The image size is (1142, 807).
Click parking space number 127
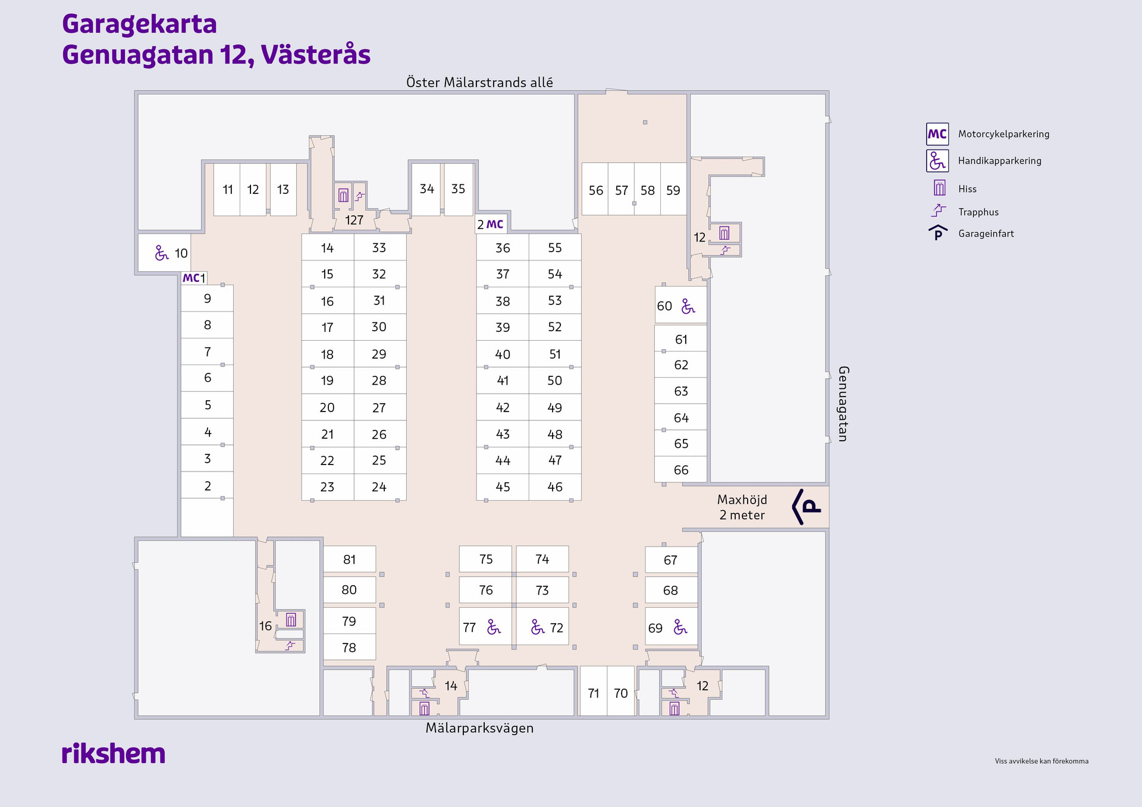354,220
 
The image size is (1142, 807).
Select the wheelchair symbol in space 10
161,253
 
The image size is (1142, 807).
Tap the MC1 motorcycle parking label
194,278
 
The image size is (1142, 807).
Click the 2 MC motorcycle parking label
491,224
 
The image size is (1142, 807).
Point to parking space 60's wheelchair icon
688,306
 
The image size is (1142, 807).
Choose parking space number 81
349,560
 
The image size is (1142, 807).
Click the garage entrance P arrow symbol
807,507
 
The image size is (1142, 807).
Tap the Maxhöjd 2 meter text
742,507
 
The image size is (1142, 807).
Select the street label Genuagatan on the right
843,404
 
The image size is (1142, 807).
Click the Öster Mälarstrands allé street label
479,82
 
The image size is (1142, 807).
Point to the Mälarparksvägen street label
479,728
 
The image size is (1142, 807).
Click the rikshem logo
114,753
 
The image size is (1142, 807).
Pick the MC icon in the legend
937,134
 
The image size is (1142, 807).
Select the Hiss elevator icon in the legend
939,188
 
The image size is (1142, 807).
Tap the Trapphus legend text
978,212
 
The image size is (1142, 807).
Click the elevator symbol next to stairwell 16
291,620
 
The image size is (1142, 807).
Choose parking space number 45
503,487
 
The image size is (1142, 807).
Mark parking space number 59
673,190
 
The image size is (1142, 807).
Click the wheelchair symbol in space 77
494,627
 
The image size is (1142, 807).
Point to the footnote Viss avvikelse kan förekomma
1041,761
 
